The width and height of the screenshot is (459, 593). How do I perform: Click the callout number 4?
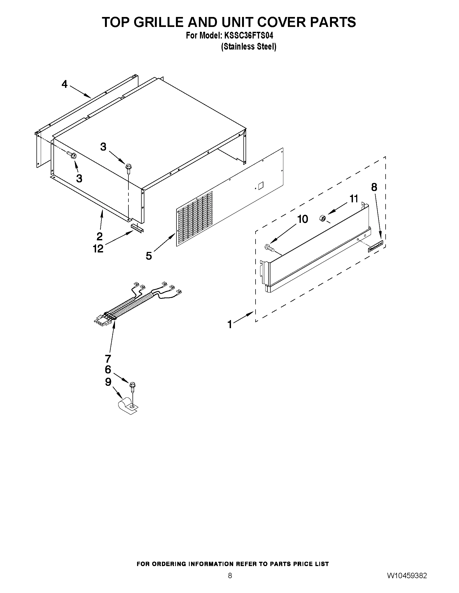click(64, 84)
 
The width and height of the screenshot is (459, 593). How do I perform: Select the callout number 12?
click(98, 248)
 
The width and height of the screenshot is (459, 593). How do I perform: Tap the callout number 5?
click(149, 255)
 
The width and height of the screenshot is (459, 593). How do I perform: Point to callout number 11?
click(353, 199)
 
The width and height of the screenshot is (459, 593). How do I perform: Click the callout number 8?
click(374, 187)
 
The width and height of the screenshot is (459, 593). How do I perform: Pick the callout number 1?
click(230, 324)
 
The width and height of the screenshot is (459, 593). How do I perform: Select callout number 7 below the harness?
click(108, 359)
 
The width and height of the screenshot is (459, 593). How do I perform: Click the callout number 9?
click(108, 382)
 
